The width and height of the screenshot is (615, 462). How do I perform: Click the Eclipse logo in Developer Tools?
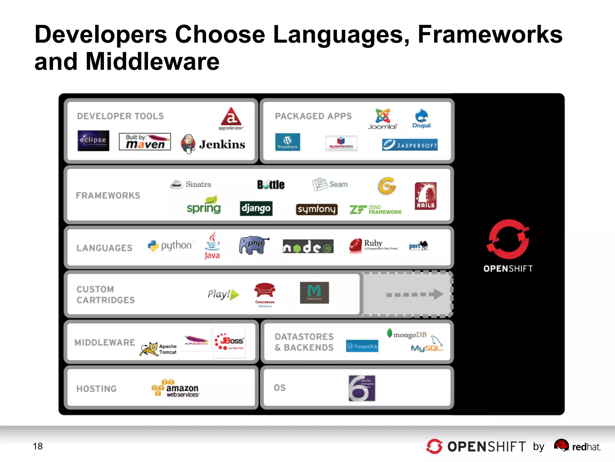(x=93, y=140)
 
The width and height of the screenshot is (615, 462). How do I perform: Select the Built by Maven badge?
(x=145, y=142)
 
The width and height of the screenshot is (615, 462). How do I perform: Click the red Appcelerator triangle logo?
(x=231, y=117)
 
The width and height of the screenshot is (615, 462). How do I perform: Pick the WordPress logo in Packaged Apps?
(x=287, y=142)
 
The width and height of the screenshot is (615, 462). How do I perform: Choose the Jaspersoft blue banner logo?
(x=410, y=145)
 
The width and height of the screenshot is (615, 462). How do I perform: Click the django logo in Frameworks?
(x=256, y=208)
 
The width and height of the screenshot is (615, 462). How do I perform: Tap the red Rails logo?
(x=426, y=196)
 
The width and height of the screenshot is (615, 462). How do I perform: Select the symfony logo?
(x=317, y=209)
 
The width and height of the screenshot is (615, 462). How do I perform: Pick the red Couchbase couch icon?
(x=265, y=291)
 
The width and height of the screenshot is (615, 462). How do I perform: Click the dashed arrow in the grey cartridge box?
(x=414, y=294)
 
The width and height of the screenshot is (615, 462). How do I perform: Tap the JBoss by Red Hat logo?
(x=229, y=342)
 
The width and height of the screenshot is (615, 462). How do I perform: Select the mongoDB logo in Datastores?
(x=407, y=334)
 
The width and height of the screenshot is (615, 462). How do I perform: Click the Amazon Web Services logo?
(x=176, y=388)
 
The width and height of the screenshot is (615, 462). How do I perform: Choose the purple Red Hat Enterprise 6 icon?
(x=362, y=388)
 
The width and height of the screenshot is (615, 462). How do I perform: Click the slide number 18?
(x=38, y=446)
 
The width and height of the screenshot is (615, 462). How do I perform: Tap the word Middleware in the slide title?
(x=153, y=62)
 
